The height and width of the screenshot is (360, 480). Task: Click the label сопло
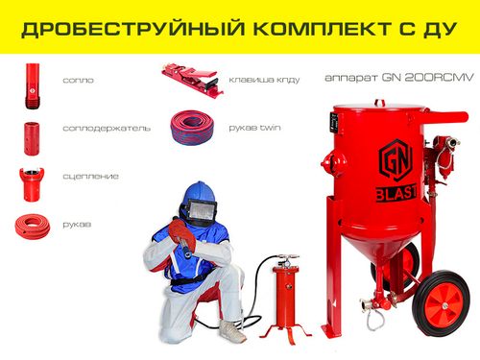(x=78, y=81)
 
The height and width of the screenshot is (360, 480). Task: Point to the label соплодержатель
(x=106, y=128)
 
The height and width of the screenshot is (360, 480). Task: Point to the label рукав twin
(x=251, y=127)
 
